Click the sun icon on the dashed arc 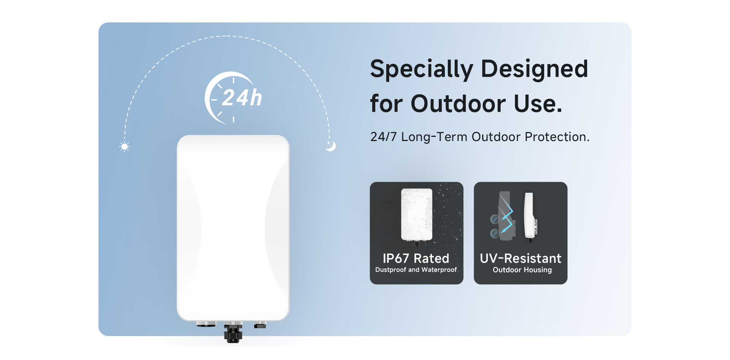(124, 146)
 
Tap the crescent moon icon (331, 146)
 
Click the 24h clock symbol (233, 98)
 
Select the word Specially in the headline (422, 69)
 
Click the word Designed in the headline (535, 69)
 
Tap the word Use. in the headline (538, 103)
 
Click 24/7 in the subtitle (383, 137)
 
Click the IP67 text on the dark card (396, 259)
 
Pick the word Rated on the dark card (432, 259)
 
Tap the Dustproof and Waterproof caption (416, 270)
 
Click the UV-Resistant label (521, 259)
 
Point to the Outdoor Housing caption (522, 270)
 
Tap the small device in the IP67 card (417, 216)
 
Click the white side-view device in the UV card (530, 216)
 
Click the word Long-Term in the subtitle (434, 137)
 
